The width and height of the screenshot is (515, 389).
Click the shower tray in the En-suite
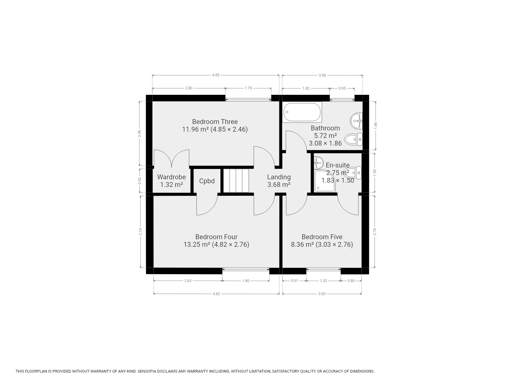[x=325, y=181]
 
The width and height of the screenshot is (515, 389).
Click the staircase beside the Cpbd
[x=236, y=181]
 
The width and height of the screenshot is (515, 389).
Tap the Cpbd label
[x=207, y=181]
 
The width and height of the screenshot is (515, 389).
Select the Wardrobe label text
[x=172, y=177]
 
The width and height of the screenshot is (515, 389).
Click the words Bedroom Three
[x=215, y=122]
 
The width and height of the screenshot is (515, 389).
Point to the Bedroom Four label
[x=216, y=237]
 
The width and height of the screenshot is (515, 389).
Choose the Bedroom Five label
[x=322, y=237]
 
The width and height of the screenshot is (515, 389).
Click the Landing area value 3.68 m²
[x=279, y=184]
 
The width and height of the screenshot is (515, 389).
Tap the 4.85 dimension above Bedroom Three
[x=216, y=75]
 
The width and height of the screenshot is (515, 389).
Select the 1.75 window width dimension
[x=248, y=88]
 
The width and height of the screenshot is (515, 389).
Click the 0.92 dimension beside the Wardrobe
[x=140, y=181]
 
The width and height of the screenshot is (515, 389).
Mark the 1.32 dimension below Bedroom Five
[x=323, y=281]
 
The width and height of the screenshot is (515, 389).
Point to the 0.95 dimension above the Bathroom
[x=342, y=88]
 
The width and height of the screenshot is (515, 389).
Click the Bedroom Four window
[x=246, y=269]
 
